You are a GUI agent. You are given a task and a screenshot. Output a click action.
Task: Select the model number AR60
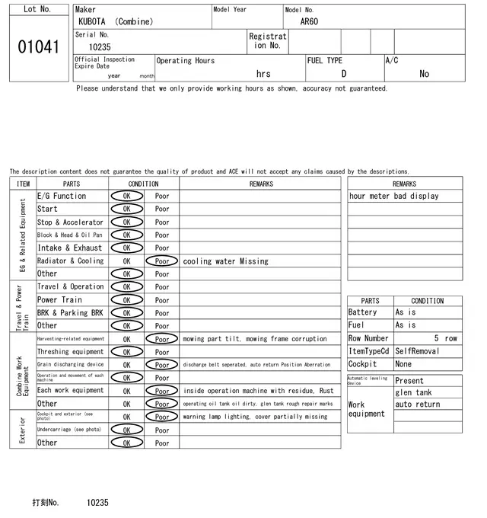point(309,21)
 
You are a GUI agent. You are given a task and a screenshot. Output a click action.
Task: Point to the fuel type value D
point(344,74)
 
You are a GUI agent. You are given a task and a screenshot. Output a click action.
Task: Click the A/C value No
point(424,74)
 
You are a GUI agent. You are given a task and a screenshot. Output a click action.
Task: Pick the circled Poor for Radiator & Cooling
point(161,261)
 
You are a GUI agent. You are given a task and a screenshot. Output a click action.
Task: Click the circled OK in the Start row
point(126,209)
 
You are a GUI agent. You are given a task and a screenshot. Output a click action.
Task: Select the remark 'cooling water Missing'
point(225,261)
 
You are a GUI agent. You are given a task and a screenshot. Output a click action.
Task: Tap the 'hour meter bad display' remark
point(393,196)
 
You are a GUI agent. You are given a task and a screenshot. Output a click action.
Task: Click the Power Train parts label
point(59,300)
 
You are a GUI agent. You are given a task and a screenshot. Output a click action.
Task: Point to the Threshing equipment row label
point(70,352)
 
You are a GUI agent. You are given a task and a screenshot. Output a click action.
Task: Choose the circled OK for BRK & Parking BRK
point(126,313)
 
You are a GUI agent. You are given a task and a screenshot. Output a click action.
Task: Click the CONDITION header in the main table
point(143,184)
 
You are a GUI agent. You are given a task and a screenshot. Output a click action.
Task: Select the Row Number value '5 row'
point(446,338)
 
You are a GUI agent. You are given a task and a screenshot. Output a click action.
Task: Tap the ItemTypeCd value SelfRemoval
point(417,351)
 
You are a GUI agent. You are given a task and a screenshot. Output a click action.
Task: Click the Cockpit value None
point(403,364)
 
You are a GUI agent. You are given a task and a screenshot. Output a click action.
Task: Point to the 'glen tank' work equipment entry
point(413,392)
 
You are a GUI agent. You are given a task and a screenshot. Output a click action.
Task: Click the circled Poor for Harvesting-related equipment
point(161,339)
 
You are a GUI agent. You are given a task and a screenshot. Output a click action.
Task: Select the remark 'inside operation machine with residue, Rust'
point(258,391)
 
